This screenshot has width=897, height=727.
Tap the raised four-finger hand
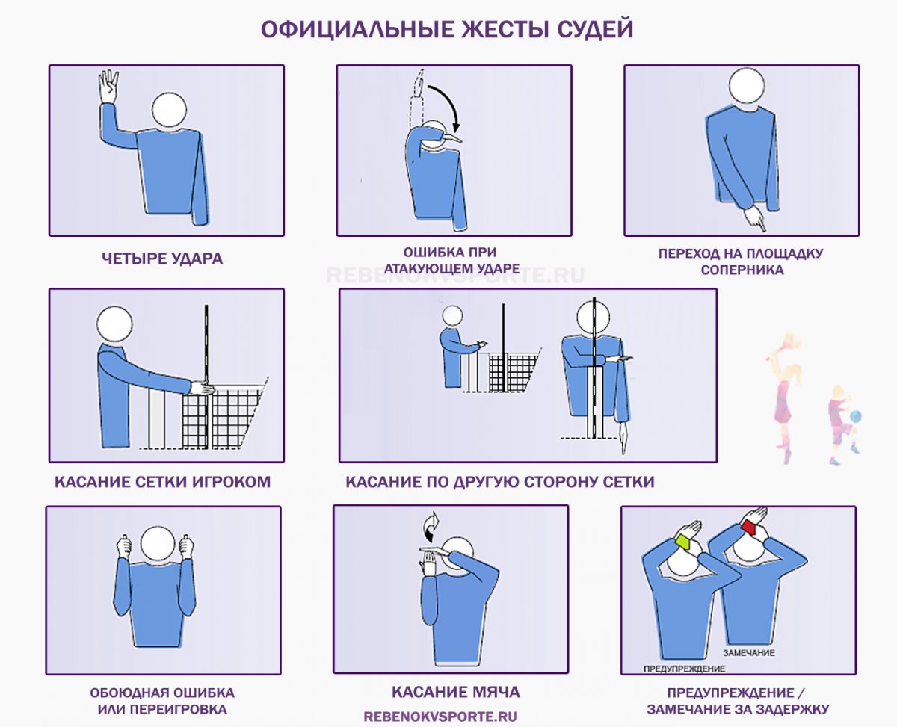(108, 86)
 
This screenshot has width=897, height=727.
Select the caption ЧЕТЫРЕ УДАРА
(162, 259)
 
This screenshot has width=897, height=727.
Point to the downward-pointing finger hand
(755, 218)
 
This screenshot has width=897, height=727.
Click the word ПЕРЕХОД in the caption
(688, 253)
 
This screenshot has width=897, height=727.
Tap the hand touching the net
(201, 388)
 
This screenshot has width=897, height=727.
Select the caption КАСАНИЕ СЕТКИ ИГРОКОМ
(162, 482)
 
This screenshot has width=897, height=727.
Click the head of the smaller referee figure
(452, 316)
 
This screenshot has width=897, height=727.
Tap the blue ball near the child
(855, 417)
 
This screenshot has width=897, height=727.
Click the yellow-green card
(685, 541)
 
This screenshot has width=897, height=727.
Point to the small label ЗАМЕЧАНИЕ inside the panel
(749, 653)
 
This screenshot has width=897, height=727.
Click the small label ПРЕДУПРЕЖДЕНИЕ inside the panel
(684, 669)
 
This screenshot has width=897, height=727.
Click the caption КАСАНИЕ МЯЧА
(456, 692)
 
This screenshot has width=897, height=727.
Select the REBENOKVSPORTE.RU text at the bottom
(440, 717)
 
